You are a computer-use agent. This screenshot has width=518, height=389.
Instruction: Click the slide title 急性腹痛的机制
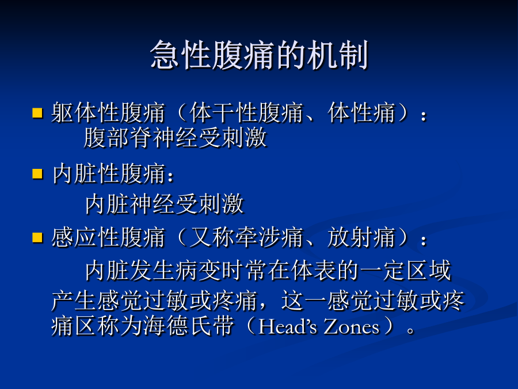click(259, 55)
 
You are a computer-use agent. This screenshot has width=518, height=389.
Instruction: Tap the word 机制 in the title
click(337, 55)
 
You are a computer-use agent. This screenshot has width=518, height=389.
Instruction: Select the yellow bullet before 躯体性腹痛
click(37, 112)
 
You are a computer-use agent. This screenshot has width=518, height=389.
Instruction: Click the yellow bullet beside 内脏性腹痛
click(37, 173)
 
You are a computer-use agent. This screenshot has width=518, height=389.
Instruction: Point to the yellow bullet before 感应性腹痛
click(37, 237)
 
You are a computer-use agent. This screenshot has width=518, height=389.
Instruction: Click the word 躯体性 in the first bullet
click(85, 113)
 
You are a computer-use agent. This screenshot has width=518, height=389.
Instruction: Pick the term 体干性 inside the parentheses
click(223, 113)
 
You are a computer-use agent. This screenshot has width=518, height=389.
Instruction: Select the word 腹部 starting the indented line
click(106, 138)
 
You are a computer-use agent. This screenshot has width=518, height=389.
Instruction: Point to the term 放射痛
click(361, 237)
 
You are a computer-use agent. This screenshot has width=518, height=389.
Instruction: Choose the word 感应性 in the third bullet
click(85, 237)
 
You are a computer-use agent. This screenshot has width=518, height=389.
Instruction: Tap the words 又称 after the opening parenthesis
click(212, 237)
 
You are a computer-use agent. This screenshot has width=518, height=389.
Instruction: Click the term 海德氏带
click(189, 326)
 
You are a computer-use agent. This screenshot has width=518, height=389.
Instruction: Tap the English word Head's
click(287, 327)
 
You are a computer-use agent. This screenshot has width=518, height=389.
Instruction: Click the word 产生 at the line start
click(74, 300)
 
